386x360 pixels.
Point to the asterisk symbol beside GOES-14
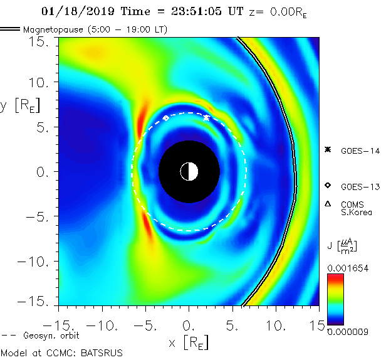(x=327, y=149)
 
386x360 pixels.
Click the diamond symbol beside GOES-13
(x=327, y=186)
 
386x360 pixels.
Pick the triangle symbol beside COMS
(x=327, y=203)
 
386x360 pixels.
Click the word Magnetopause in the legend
(x=52, y=29)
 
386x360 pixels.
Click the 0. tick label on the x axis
(x=189, y=326)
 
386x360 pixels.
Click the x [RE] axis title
(x=188, y=342)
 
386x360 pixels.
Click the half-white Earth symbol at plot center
(x=189, y=171)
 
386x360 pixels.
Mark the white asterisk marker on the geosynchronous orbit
(x=207, y=117)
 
